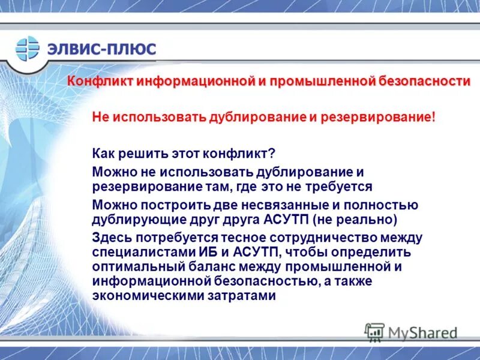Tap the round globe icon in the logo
tap(27, 49)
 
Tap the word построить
tap(167, 205)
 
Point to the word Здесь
tap(110, 237)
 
